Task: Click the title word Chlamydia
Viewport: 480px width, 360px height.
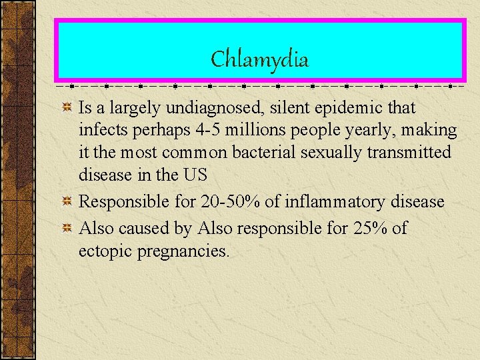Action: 259,60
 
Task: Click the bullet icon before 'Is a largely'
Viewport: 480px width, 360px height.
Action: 67,108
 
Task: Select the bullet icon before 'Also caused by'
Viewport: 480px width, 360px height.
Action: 67,229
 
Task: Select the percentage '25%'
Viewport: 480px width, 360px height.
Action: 367,228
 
